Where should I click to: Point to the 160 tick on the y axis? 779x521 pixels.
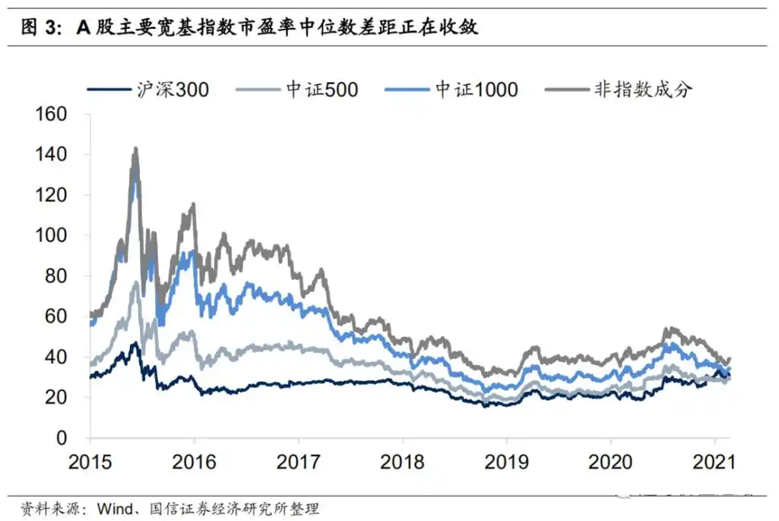(52, 114)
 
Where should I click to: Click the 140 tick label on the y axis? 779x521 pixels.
(52, 154)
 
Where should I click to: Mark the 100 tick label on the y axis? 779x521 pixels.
(52, 236)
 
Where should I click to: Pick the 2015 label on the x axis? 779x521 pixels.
(90, 462)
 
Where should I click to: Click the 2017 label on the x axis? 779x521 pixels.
(299, 462)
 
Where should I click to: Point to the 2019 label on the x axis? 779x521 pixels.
(507, 462)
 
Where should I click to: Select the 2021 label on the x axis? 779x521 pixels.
(715, 462)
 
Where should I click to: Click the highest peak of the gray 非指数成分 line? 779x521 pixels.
(135, 148)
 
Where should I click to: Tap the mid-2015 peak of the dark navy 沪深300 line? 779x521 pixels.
(135, 344)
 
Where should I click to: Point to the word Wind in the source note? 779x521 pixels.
(115, 508)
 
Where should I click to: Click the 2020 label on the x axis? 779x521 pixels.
(611, 462)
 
